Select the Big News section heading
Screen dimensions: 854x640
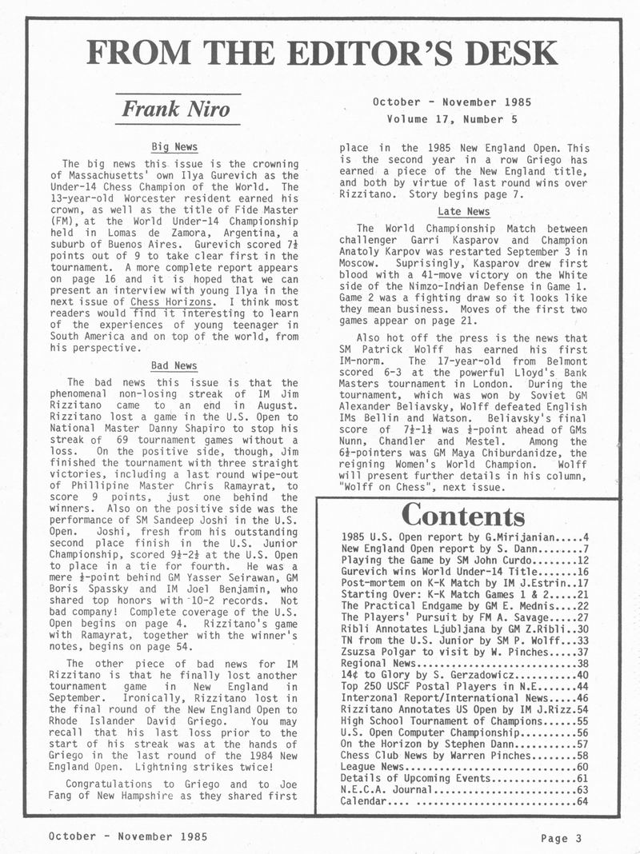pyautogui.click(x=174, y=147)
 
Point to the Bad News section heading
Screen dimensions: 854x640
pyautogui.click(x=174, y=365)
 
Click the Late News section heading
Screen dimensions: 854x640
pyautogui.click(x=463, y=211)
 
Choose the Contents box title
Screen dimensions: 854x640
pyautogui.click(x=463, y=513)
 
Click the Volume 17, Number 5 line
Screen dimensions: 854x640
pyautogui.click(x=451, y=119)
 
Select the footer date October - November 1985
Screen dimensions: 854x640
pyautogui.click(x=128, y=836)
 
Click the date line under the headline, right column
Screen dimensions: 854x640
pyautogui.click(x=451, y=102)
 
